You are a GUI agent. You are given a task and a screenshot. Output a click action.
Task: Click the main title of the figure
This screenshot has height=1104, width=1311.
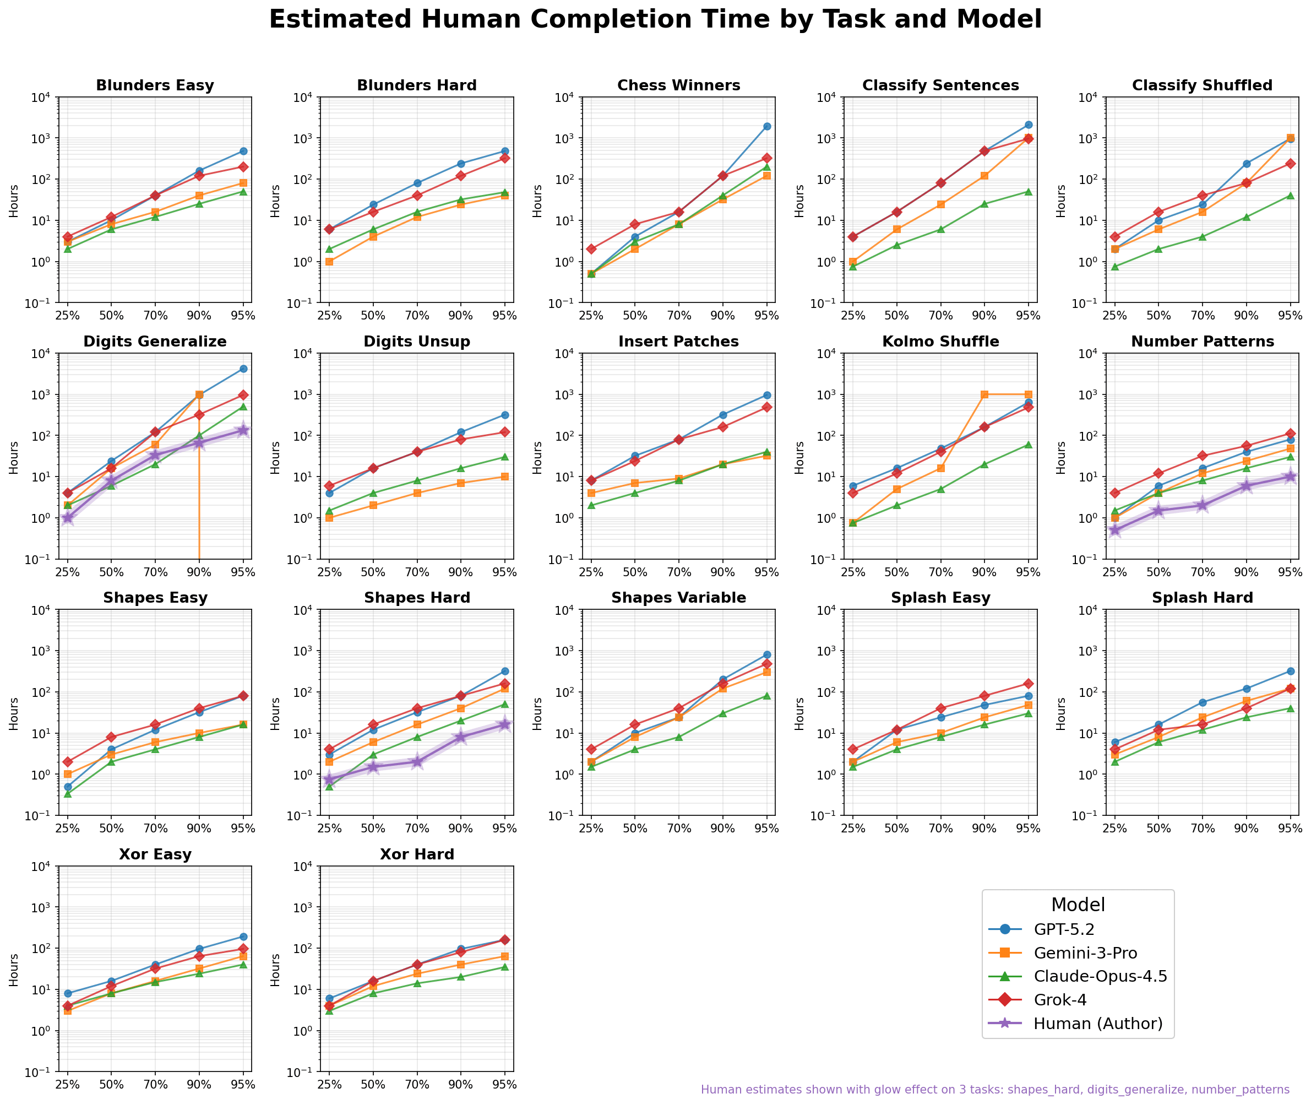655,20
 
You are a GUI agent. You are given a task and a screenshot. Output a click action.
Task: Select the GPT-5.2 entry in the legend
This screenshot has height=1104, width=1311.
1063,929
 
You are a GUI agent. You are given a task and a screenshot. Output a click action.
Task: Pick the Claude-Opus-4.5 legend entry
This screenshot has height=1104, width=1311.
1100,976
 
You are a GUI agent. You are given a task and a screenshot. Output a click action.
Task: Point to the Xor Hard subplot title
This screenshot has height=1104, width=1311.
417,854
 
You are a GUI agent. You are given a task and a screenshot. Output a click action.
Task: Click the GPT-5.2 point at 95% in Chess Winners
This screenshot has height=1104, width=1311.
766,126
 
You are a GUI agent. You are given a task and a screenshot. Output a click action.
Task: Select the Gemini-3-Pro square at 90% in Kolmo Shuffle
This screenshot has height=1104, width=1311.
984,394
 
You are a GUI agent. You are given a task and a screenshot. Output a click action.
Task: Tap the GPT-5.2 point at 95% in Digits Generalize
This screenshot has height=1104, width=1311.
243,369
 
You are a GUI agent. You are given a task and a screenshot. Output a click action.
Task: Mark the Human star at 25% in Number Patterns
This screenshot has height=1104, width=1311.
1114,530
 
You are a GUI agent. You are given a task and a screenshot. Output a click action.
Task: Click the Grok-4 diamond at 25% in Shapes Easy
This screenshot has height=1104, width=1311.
68,762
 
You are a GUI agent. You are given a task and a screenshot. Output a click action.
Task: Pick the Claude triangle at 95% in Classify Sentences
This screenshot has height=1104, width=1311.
1027,192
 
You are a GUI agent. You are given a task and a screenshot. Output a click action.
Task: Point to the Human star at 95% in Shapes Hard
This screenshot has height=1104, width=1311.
504,724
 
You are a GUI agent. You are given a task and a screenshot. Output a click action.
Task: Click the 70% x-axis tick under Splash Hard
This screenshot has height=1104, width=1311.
1202,829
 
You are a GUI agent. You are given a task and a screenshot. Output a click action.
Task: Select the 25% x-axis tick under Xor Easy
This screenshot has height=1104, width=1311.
68,1085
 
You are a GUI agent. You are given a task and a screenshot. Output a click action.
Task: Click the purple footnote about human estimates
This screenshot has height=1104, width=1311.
994,1090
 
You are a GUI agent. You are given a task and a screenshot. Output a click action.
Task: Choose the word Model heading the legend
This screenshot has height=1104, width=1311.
1078,905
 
